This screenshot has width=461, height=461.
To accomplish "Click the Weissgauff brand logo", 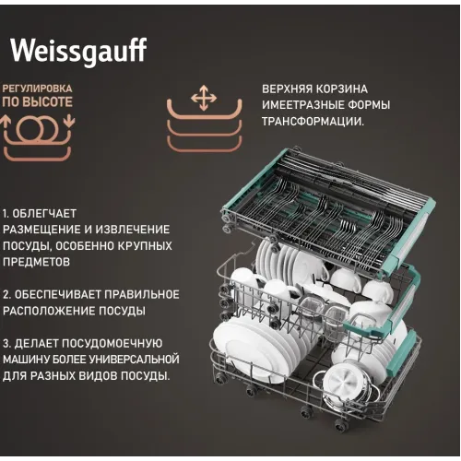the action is (78, 51).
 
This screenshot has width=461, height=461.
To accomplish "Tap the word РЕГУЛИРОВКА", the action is (37, 89).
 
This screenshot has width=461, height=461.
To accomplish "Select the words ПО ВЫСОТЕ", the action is (37, 102).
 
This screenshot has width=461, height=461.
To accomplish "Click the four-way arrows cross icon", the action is (204, 98).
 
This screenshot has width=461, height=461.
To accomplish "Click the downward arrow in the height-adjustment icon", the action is (69, 121).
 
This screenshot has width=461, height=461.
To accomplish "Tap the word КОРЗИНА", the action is (341, 89).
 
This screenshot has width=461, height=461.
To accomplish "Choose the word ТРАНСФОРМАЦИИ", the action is (313, 122).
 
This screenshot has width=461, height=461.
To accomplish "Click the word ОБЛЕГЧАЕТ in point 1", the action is (44, 214).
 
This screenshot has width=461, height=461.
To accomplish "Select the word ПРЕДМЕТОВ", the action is (36, 262).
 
